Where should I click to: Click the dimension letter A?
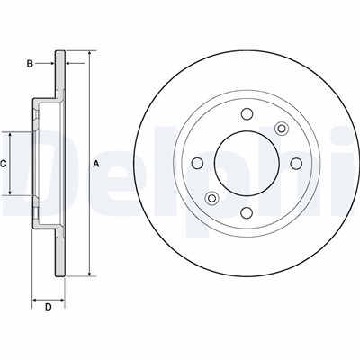(95, 164)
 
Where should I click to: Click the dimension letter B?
(30, 64)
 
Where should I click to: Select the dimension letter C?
(4, 164)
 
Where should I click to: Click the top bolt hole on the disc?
(247, 113)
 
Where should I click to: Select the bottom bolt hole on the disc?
(247, 212)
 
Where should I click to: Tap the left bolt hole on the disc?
(197, 163)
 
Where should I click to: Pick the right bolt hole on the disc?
(296, 163)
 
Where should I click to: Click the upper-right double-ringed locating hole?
(282, 129)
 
